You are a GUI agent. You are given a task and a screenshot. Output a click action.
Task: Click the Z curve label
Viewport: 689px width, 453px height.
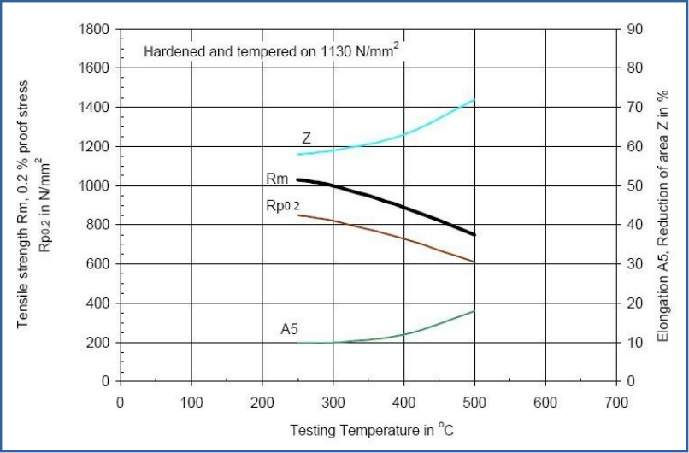click(x=306, y=138)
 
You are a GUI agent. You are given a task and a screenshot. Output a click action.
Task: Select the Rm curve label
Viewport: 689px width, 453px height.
click(x=277, y=179)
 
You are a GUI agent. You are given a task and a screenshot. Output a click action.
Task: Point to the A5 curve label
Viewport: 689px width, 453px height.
click(x=289, y=328)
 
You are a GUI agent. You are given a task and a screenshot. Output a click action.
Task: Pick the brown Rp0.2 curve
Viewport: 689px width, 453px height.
click(x=385, y=232)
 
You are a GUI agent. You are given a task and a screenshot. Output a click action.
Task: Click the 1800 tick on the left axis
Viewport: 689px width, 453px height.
click(x=94, y=29)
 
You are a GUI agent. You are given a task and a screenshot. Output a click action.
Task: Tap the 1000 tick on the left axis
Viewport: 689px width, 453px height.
click(x=94, y=185)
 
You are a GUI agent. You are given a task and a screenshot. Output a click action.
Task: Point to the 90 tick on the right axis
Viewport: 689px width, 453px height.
click(x=633, y=29)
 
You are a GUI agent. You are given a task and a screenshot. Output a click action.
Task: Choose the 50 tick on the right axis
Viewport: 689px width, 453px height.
click(x=633, y=185)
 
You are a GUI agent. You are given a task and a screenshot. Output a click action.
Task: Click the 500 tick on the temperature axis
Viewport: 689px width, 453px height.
click(x=474, y=401)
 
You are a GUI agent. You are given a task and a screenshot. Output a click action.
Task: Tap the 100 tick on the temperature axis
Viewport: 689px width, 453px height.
click(x=191, y=401)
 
